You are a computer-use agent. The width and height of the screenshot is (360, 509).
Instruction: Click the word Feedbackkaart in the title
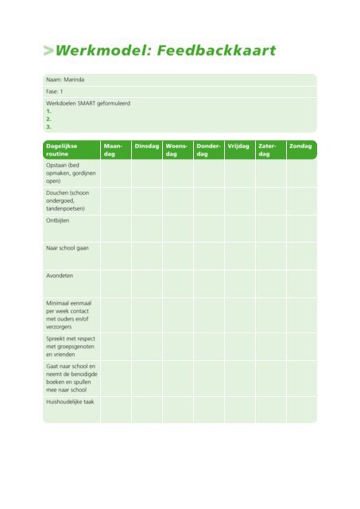coord(216,52)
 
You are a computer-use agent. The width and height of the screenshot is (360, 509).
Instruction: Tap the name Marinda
coord(72,80)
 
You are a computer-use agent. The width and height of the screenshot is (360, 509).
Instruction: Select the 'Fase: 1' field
coord(56,92)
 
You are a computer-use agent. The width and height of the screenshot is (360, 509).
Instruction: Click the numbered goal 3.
coord(49,126)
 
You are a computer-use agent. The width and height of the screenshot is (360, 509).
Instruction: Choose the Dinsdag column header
coord(146,146)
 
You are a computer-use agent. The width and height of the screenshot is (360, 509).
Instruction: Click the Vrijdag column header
coord(238,146)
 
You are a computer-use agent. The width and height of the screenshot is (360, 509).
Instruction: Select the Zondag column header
coord(300,146)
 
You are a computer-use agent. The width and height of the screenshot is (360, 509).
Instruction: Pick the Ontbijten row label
coord(59,221)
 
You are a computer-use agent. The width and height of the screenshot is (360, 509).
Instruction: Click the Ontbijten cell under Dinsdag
coord(146,228)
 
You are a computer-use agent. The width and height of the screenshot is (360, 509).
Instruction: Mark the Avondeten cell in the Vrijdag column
coord(239,283)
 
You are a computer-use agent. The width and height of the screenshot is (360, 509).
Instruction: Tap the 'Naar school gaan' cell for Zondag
coord(301,255)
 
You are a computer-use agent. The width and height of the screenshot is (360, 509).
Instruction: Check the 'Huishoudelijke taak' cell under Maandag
coord(115,409)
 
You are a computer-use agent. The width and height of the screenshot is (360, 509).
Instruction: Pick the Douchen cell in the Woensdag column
coord(177,200)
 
